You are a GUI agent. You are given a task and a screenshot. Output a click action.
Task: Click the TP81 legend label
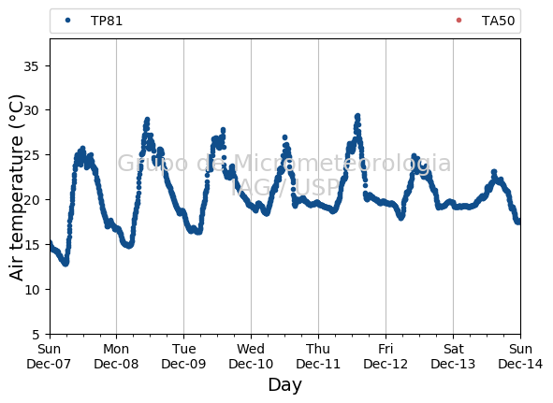(x=107, y=21)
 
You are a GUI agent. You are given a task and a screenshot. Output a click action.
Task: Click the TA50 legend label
(x=498, y=21)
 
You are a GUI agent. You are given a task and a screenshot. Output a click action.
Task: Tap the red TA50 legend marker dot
(x=458, y=21)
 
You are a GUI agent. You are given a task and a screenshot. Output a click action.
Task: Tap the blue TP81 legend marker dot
(x=68, y=21)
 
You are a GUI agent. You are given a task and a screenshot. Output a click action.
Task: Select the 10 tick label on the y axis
(x=32, y=290)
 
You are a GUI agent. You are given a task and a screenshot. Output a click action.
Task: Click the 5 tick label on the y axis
(x=36, y=335)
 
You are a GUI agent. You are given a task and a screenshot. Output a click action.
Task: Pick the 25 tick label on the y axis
(x=31, y=155)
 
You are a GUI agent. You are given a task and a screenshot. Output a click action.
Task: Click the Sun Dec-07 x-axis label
(x=49, y=356)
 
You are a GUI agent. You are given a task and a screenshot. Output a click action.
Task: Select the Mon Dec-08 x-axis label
(x=116, y=356)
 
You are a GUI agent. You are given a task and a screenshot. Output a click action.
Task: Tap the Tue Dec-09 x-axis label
(x=183, y=356)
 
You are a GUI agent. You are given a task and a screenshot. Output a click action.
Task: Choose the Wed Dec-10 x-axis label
(x=251, y=356)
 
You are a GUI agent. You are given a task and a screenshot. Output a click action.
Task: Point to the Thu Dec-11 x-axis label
(x=318, y=356)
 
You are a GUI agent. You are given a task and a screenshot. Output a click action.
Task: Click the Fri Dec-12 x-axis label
(x=386, y=356)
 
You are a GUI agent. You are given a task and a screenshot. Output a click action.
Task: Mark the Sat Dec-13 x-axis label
(x=453, y=356)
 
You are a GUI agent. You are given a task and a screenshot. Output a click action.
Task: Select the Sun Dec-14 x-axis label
(x=520, y=356)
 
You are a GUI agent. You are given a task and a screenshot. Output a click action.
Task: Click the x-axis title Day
(x=285, y=384)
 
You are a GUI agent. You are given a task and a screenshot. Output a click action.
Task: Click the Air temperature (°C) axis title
(x=16, y=188)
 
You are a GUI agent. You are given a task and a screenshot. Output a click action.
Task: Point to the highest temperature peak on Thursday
(x=357, y=116)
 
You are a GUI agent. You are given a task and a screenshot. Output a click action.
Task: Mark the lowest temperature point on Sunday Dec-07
(x=65, y=264)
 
